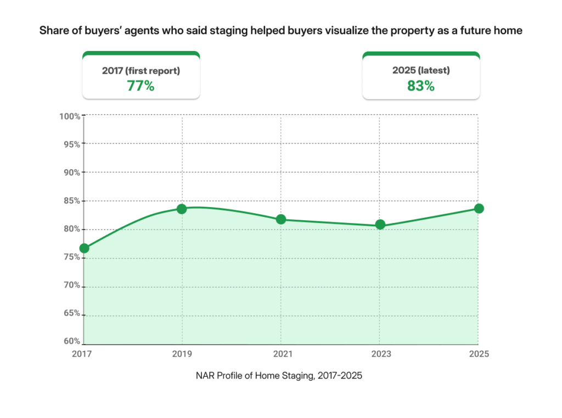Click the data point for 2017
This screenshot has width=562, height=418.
pyautogui.click(x=84, y=248)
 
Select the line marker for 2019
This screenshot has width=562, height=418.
pyautogui.click(x=182, y=209)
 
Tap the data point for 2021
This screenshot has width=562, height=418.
pyautogui.click(x=281, y=219)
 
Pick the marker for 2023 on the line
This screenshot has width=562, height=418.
pyautogui.click(x=380, y=225)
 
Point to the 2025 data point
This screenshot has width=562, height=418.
pyautogui.click(x=479, y=208)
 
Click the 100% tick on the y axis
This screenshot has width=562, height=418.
pyautogui.click(x=70, y=116)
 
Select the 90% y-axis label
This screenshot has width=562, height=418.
pyautogui.click(x=72, y=172)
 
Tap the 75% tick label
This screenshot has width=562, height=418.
pyautogui.click(x=72, y=257)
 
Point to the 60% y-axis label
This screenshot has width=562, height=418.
pyautogui.click(x=72, y=341)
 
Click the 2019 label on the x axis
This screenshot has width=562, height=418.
pyautogui.click(x=182, y=354)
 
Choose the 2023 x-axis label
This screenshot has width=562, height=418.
pyautogui.click(x=380, y=354)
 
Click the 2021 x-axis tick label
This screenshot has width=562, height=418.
pyautogui.click(x=281, y=354)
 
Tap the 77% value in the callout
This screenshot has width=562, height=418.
pyautogui.click(x=140, y=86)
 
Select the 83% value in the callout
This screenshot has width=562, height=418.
pyautogui.click(x=421, y=86)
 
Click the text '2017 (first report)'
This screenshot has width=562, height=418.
pyautogui.click(x=140, y=71)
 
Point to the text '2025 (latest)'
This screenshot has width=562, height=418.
pyautogui.click(x=421, y=71)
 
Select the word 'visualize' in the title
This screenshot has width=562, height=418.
pyautogui.click(x=328, y=31)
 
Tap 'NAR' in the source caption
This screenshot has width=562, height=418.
pyautogui.click(x=205, y=376)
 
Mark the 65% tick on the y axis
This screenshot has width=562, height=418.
pyautogui.click(x=72, y=313)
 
